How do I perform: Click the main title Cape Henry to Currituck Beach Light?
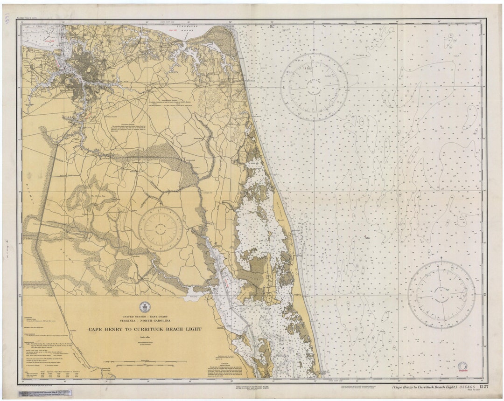pyautogui.click(x=145, y=329)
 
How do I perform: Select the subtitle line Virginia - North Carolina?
pyautogui.click(x=145, y=321)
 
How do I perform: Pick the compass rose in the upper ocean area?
pyautogui.click(x=314, y=87)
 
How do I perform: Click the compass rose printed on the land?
pyautogui.click(x=161, y=229)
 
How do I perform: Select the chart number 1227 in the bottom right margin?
pyautogui.click(x=483, y=387)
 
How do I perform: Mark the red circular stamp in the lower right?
pyautogui.click(x=462, y=367)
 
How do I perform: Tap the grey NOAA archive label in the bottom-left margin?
pyautogui.click(x=46, y=394)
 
